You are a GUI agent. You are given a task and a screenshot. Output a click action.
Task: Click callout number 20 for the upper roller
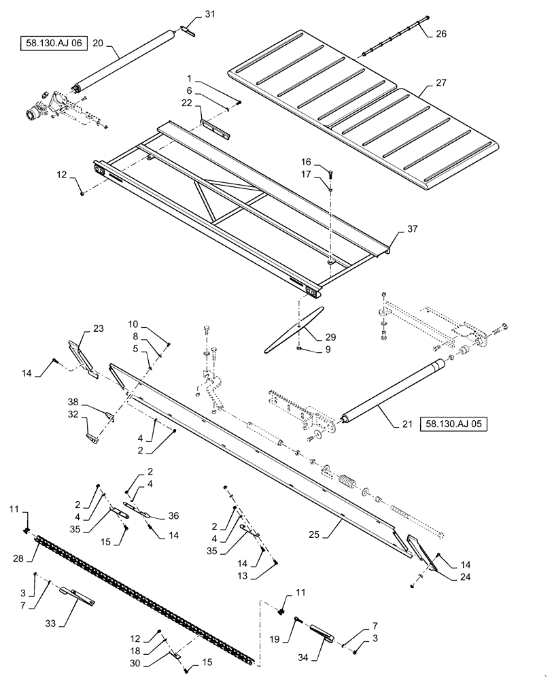coord(98,41)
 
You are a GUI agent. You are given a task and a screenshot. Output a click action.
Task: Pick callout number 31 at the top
coord(209,14)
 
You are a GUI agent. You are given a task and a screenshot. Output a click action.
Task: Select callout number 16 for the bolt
coord(307,163)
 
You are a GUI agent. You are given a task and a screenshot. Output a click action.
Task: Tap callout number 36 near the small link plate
coord(173,515)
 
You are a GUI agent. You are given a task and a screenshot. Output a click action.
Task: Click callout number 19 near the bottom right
coord(274,639)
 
